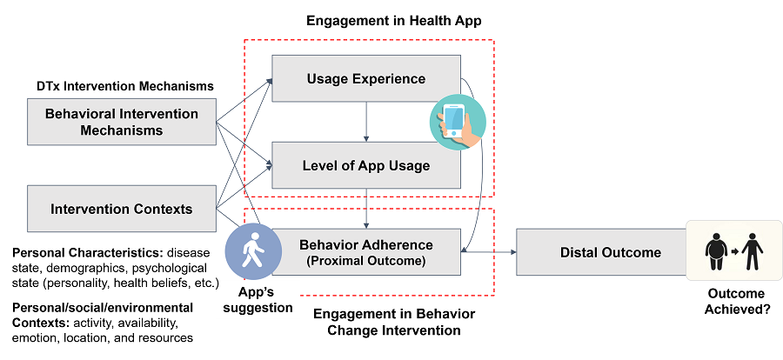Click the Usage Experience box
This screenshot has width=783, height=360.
pos(366,78)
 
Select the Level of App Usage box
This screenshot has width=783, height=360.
pos(366,165)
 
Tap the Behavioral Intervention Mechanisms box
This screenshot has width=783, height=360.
pos(121,122)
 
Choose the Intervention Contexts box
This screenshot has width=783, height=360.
pos(121,209)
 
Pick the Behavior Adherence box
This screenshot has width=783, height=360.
pos(366,252)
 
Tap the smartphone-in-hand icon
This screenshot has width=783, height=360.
pos(458,123)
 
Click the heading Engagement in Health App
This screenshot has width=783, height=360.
pos(393,21)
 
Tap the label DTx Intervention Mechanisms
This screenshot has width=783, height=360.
pos(124,86)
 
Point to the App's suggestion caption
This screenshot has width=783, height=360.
pos(258,300)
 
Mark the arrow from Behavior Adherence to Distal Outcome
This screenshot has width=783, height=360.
pos(488,252)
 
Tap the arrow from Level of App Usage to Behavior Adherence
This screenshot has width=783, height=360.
pos(366,209)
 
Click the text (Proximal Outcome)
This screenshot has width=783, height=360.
pos(366,261)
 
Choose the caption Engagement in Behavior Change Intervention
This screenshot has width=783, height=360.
pos(394,322)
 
